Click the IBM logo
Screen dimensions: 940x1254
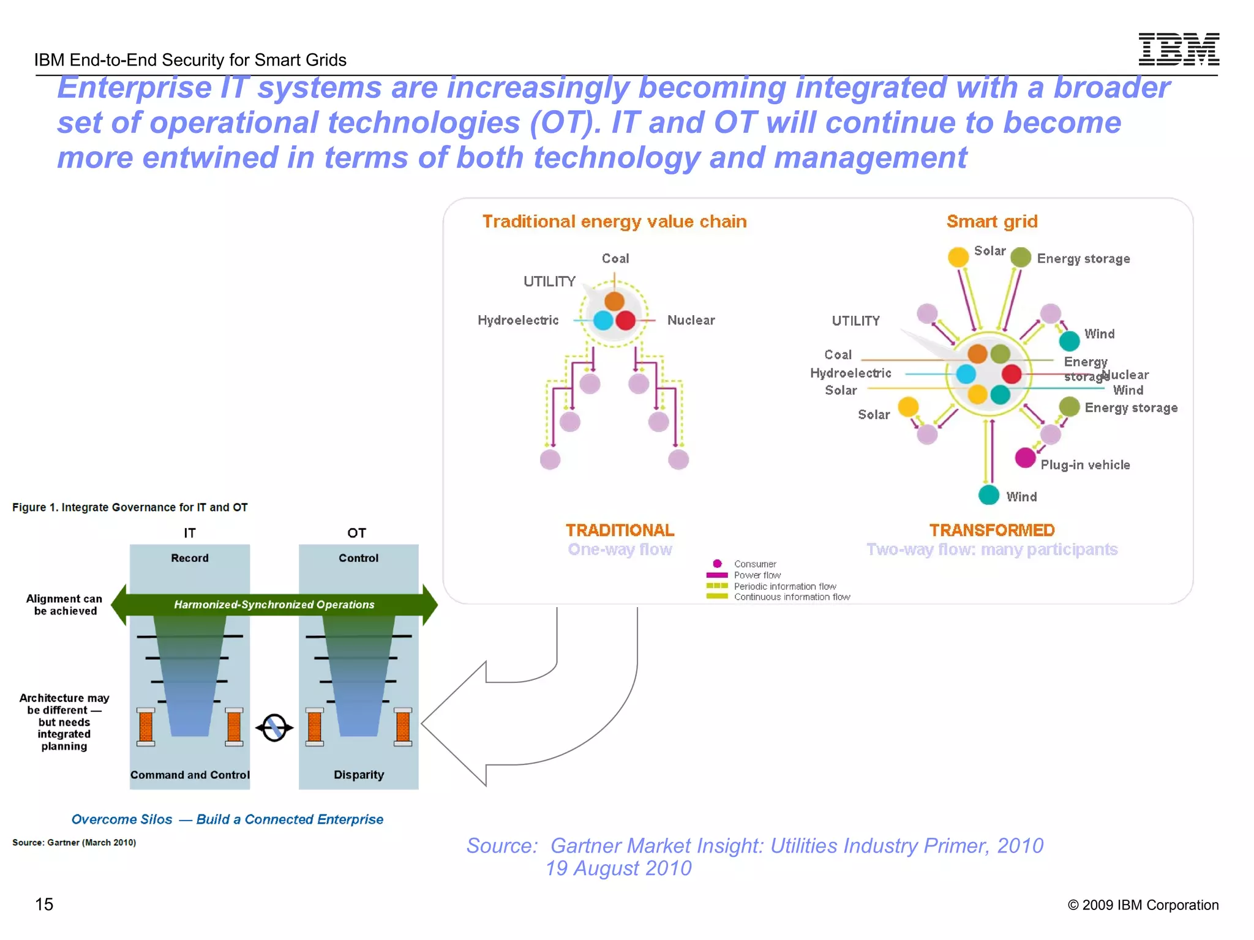pos(1178,49)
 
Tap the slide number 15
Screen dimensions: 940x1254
pos(44,904)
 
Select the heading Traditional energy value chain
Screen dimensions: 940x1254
pos(614,222)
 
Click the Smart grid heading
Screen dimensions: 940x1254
pos(992,222)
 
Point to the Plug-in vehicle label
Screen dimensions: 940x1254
pos(1085,465)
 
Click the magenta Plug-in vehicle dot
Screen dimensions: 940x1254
pos(1025,457)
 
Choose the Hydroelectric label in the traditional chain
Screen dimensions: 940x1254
pos(518,321)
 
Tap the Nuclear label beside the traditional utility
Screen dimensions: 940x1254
pos(691,321)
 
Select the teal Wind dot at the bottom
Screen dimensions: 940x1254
pos(988,494)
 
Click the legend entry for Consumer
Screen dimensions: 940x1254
pos(754,564)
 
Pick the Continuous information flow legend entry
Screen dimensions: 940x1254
pos(791,597)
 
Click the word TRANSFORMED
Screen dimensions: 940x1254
pos(991,530)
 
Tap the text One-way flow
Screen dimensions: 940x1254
pos(620,550)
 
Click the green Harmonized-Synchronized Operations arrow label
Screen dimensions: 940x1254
pos(274,605)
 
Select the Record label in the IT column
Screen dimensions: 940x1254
pos(190,558)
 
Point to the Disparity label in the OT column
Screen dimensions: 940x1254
pos(359,775)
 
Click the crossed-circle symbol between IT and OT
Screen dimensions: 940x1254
pos(274,728)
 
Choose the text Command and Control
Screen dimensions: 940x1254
pos(190,775)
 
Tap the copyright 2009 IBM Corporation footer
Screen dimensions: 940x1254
pos(1143,905)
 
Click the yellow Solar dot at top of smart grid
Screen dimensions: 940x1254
pos(958,257)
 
